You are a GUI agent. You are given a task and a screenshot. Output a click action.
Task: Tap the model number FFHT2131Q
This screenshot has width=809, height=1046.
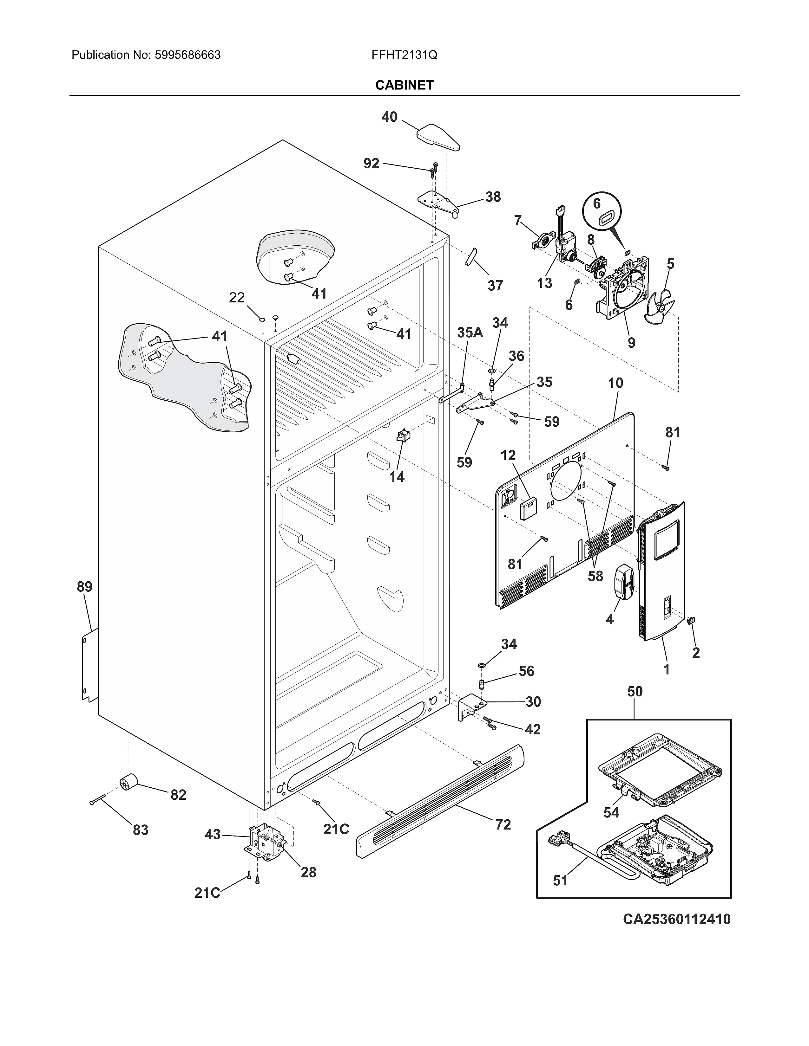point(404,55)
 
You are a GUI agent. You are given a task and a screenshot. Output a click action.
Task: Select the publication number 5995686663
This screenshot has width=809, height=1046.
point(187,55)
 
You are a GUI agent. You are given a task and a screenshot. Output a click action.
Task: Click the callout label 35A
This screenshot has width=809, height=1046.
point(470,333)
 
